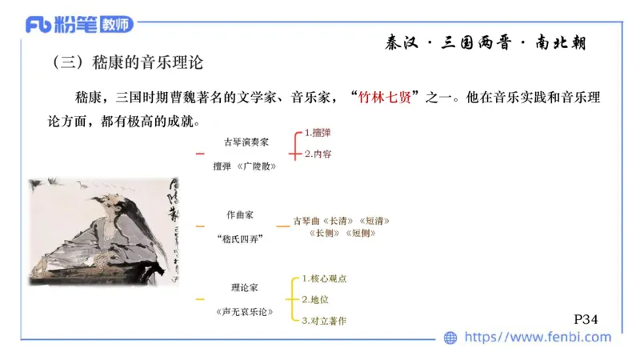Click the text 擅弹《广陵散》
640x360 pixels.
pyautogui.click(x=246, y=166)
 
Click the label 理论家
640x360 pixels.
pyautogui.click(x=246, y=286)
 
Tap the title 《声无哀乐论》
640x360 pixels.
pyautogui.click(x=245, y=311)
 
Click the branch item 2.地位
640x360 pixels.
pyautogui.click(x=315, y=299)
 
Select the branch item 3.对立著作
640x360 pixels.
pyautogui.click(x=325, y=320)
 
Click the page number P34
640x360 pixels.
pyautogui.click(x=586, y=318)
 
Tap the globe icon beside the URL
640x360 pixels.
pyautogui.click(x=450, y=338)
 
